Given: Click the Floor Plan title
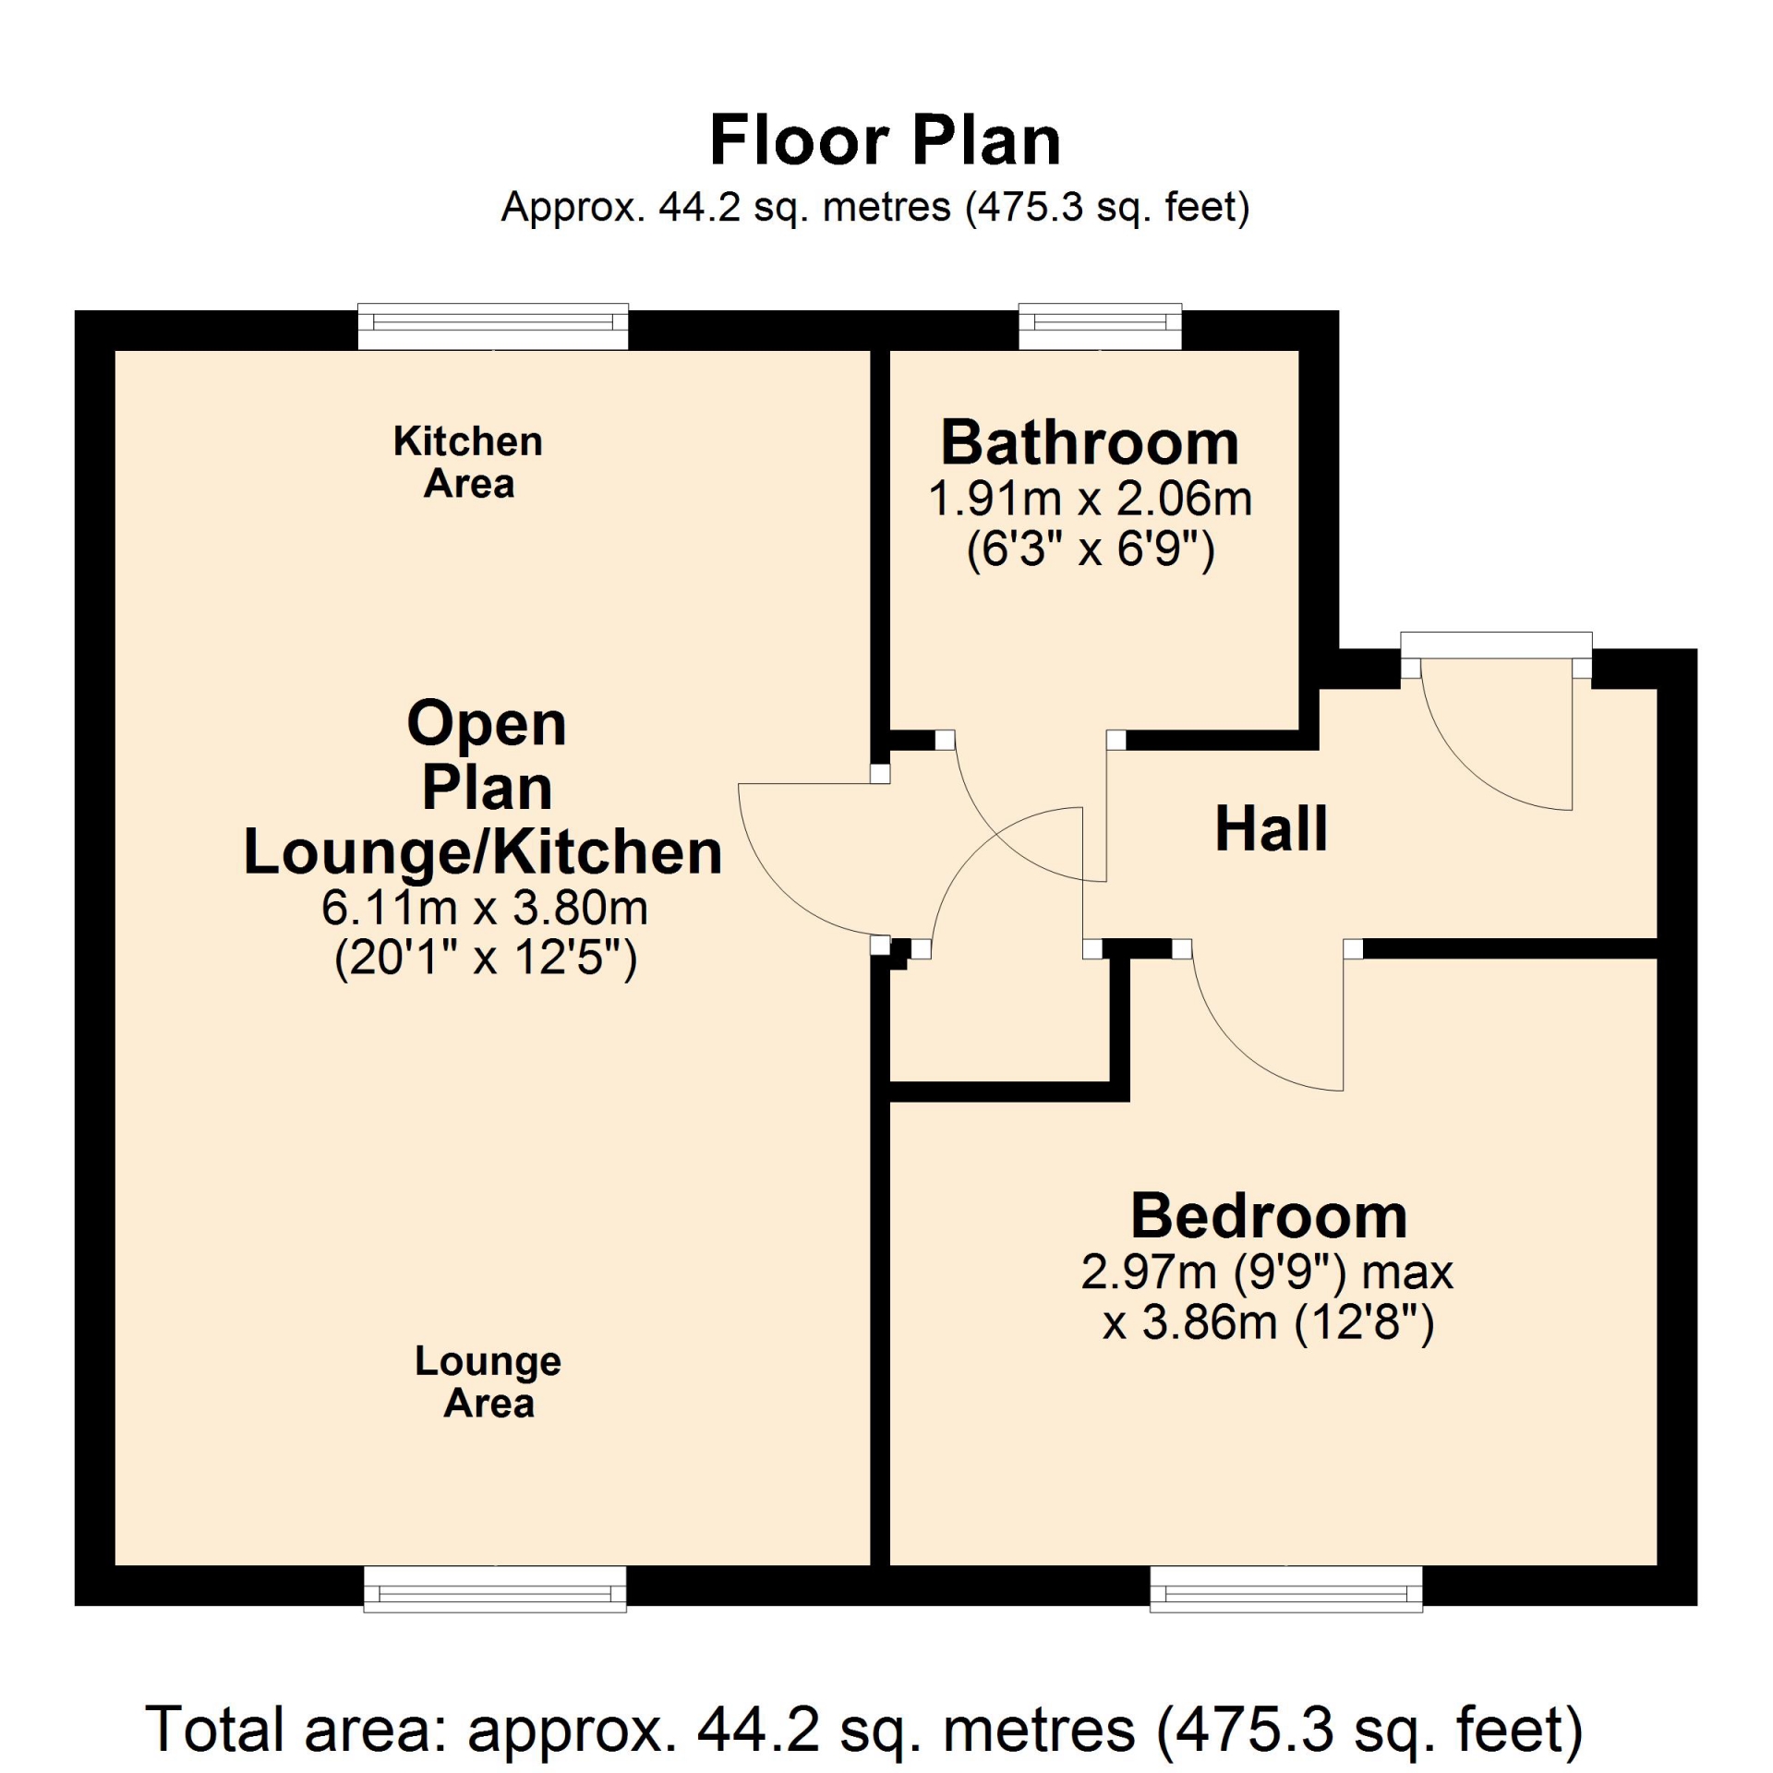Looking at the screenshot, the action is coord(885,140).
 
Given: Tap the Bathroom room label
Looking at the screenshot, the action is coord(1090,442).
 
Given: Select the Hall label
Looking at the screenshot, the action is coord(1271,828).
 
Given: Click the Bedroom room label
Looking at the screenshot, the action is coord(1269,1216).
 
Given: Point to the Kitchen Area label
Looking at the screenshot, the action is coord(468,462).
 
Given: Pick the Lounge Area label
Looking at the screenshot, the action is coord(488,1381).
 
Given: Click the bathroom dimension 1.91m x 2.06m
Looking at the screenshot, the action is coord(1090,500).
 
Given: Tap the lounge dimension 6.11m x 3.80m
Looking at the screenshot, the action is coord(485,908).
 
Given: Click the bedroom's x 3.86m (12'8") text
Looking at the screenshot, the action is coord(1268,1322).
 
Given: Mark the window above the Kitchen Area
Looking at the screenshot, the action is coord(493,326).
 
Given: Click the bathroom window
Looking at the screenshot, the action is coord(1100,326).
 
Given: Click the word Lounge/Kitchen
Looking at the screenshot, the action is coord(483,851).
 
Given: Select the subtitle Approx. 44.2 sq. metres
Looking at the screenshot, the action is coord(726,207).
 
